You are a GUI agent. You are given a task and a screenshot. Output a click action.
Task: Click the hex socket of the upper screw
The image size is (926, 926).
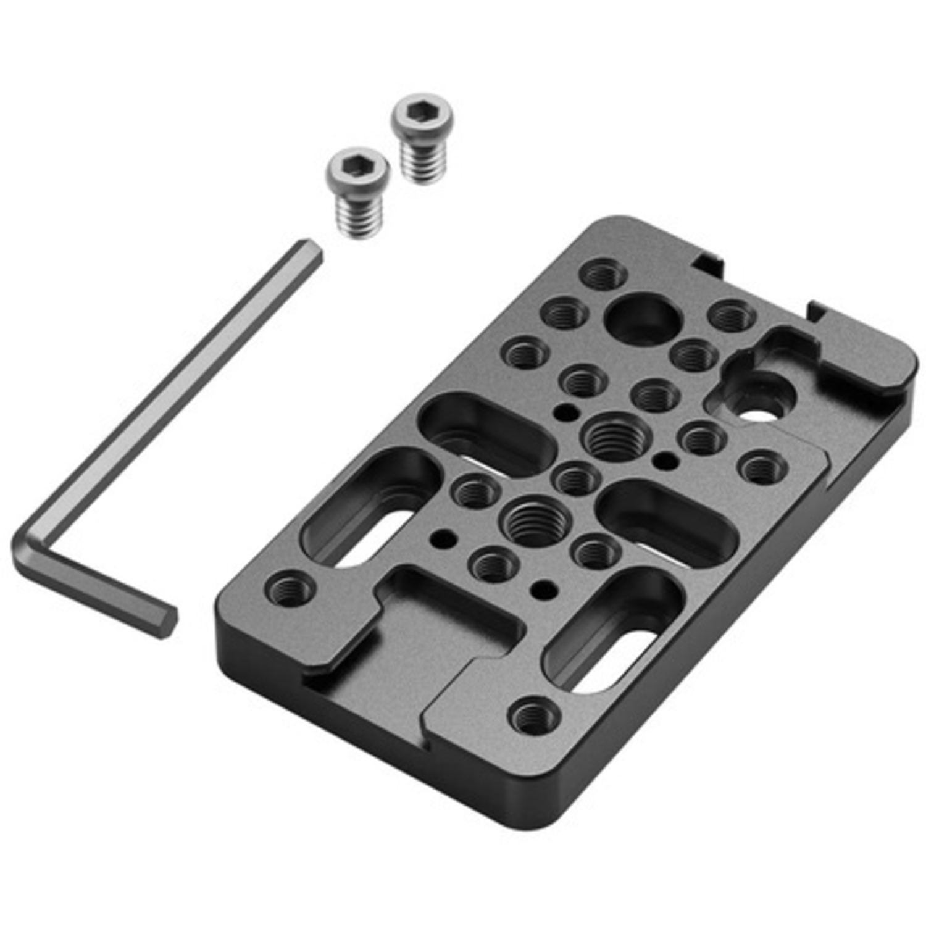tap(422, 113)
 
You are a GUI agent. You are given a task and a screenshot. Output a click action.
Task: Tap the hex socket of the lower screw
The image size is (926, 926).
tap(357, 166)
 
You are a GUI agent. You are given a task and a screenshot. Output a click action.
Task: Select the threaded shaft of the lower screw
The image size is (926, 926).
tap(358, 215)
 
